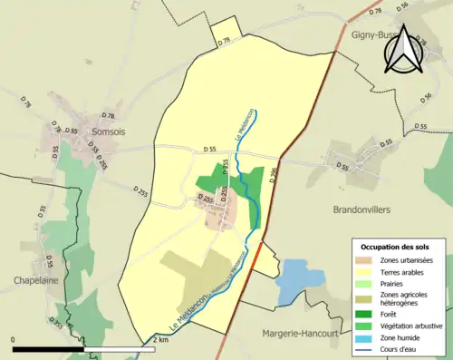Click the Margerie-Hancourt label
[302, 332]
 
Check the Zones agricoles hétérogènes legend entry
[404, 297]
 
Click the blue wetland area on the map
[293, 280]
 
